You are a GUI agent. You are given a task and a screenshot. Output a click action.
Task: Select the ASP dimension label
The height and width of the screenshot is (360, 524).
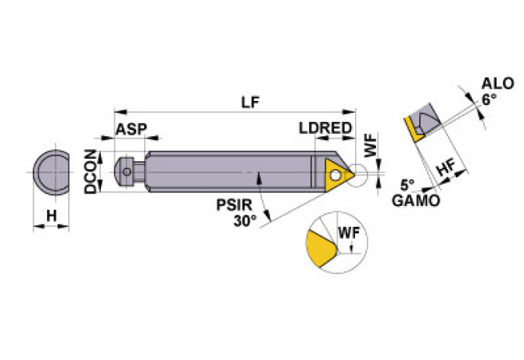pyautogui.click(x=131, y=129)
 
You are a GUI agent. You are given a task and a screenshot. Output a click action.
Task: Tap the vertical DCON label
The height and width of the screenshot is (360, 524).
pyautogui.click(x=92, y=171)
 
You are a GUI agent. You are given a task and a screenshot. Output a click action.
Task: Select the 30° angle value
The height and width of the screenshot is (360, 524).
pyautogui.click(x=245, y=221)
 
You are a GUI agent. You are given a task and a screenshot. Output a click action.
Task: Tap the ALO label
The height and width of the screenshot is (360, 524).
pyautogui.click(x=494, y=85)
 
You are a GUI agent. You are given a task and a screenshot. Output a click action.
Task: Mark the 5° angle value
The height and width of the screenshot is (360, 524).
pyautogui.click(x=407, y=186)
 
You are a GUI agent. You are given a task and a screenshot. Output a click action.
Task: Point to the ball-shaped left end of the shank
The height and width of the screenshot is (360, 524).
pyautogui.click(x=123, y=171)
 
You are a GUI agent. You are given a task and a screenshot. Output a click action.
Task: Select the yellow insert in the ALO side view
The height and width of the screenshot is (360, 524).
pyautogui.click(x=412, y=127)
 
